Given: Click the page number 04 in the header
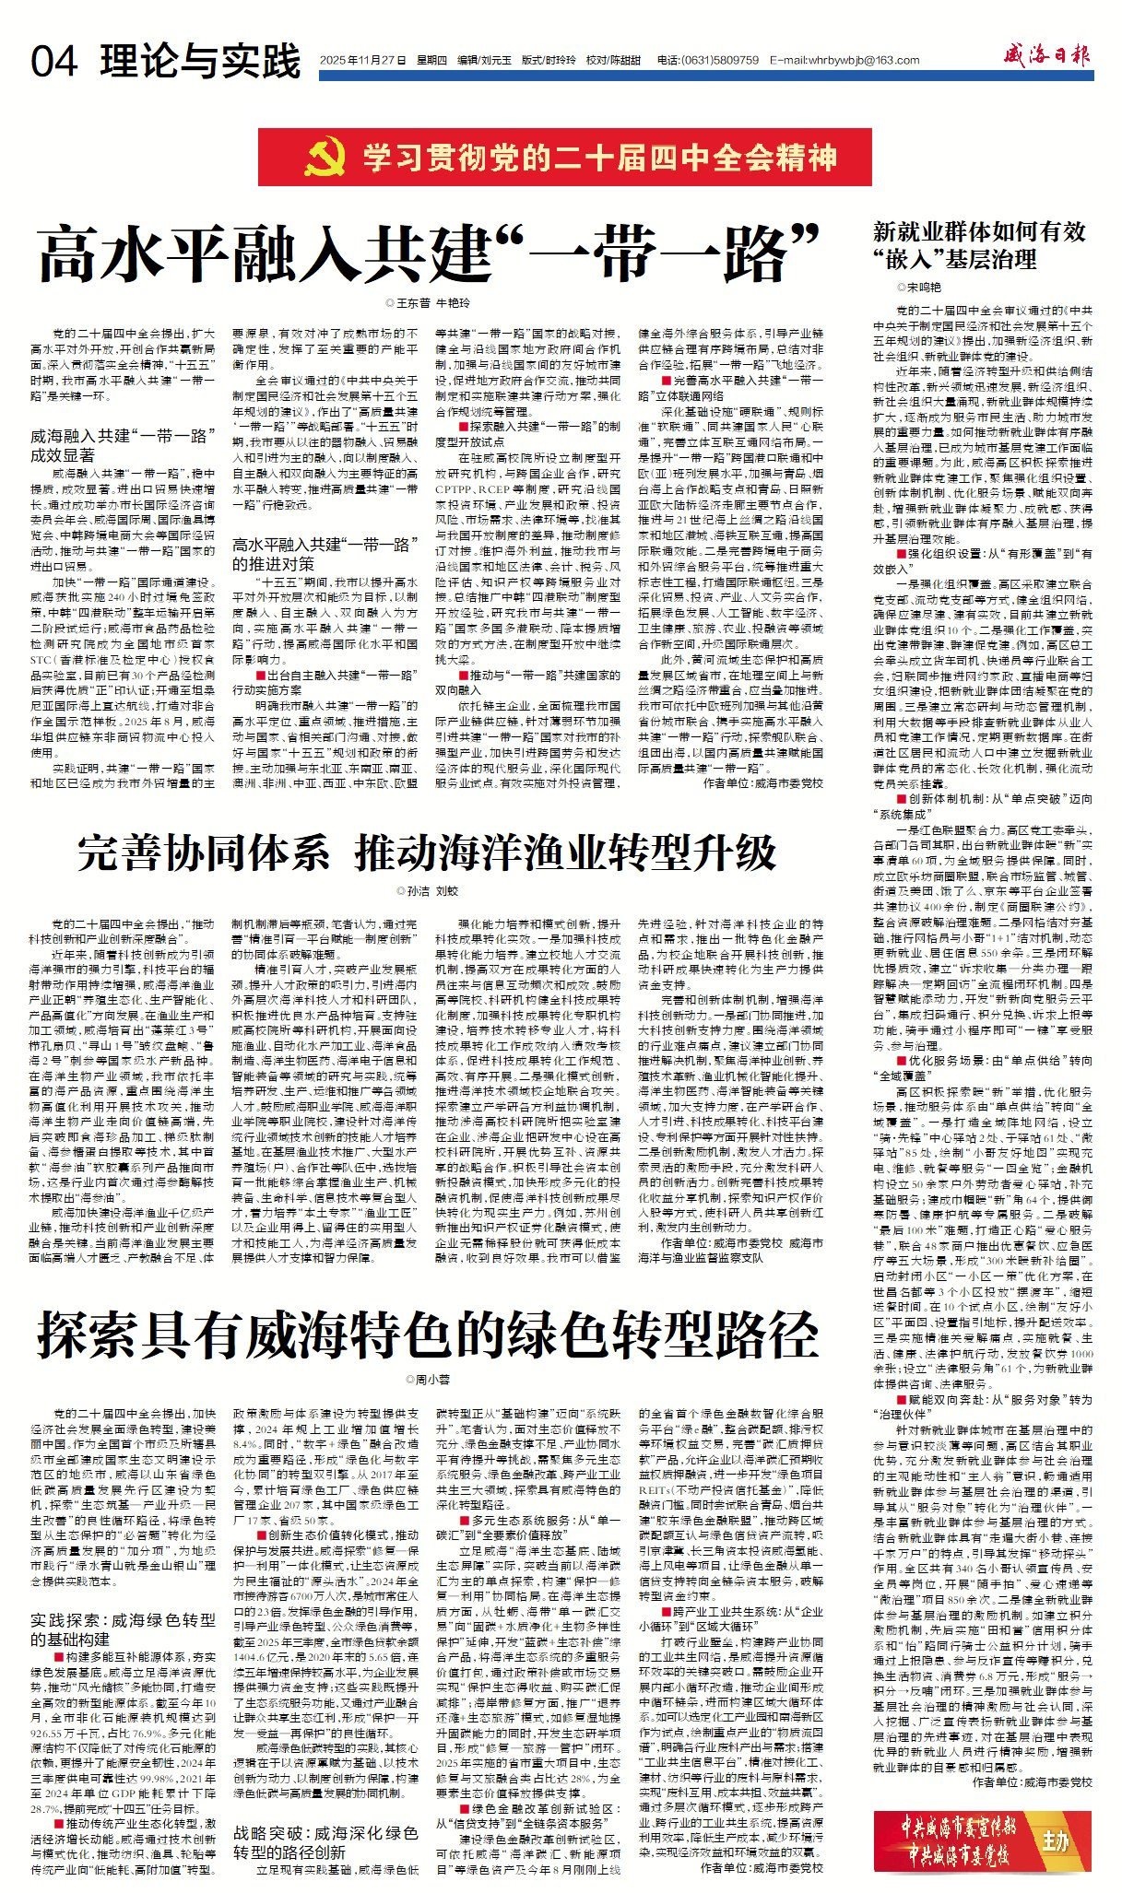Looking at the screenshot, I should pos(54,62).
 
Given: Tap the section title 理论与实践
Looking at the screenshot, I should pos(201,61).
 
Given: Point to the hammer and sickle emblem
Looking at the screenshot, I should pos(325,158).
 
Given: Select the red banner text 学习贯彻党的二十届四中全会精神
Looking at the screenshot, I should pos(599,158).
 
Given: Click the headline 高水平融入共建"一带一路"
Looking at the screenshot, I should pos(430,255).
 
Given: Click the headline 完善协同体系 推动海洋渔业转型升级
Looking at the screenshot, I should pos(427,852).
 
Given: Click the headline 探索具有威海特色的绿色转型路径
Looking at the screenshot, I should pos(428,1334).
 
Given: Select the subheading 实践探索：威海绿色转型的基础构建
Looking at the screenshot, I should pos(123,1629).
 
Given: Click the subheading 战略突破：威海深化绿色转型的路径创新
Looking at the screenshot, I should pos(325,1842).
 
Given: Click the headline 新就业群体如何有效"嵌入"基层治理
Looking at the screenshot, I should pos(979,245).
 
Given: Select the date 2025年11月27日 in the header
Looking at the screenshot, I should pos(362,61).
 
